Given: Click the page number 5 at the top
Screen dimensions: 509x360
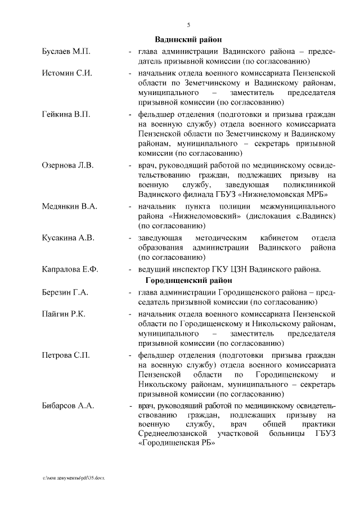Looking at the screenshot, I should click(x=189, y=24).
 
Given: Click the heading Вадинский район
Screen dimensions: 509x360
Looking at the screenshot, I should click(x=188, y=39).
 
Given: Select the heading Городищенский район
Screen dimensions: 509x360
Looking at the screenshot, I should click(x=188, y=280).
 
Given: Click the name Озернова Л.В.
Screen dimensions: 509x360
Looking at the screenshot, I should click(x=68, y=165).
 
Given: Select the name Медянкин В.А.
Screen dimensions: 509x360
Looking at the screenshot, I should click(x=69, y=206).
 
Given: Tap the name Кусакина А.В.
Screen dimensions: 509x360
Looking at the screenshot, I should click(x=68, y=237).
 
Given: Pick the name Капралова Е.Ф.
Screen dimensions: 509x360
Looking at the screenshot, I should click(x=70, y=269).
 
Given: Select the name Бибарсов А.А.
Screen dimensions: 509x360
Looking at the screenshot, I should click(x=68, y=406).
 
